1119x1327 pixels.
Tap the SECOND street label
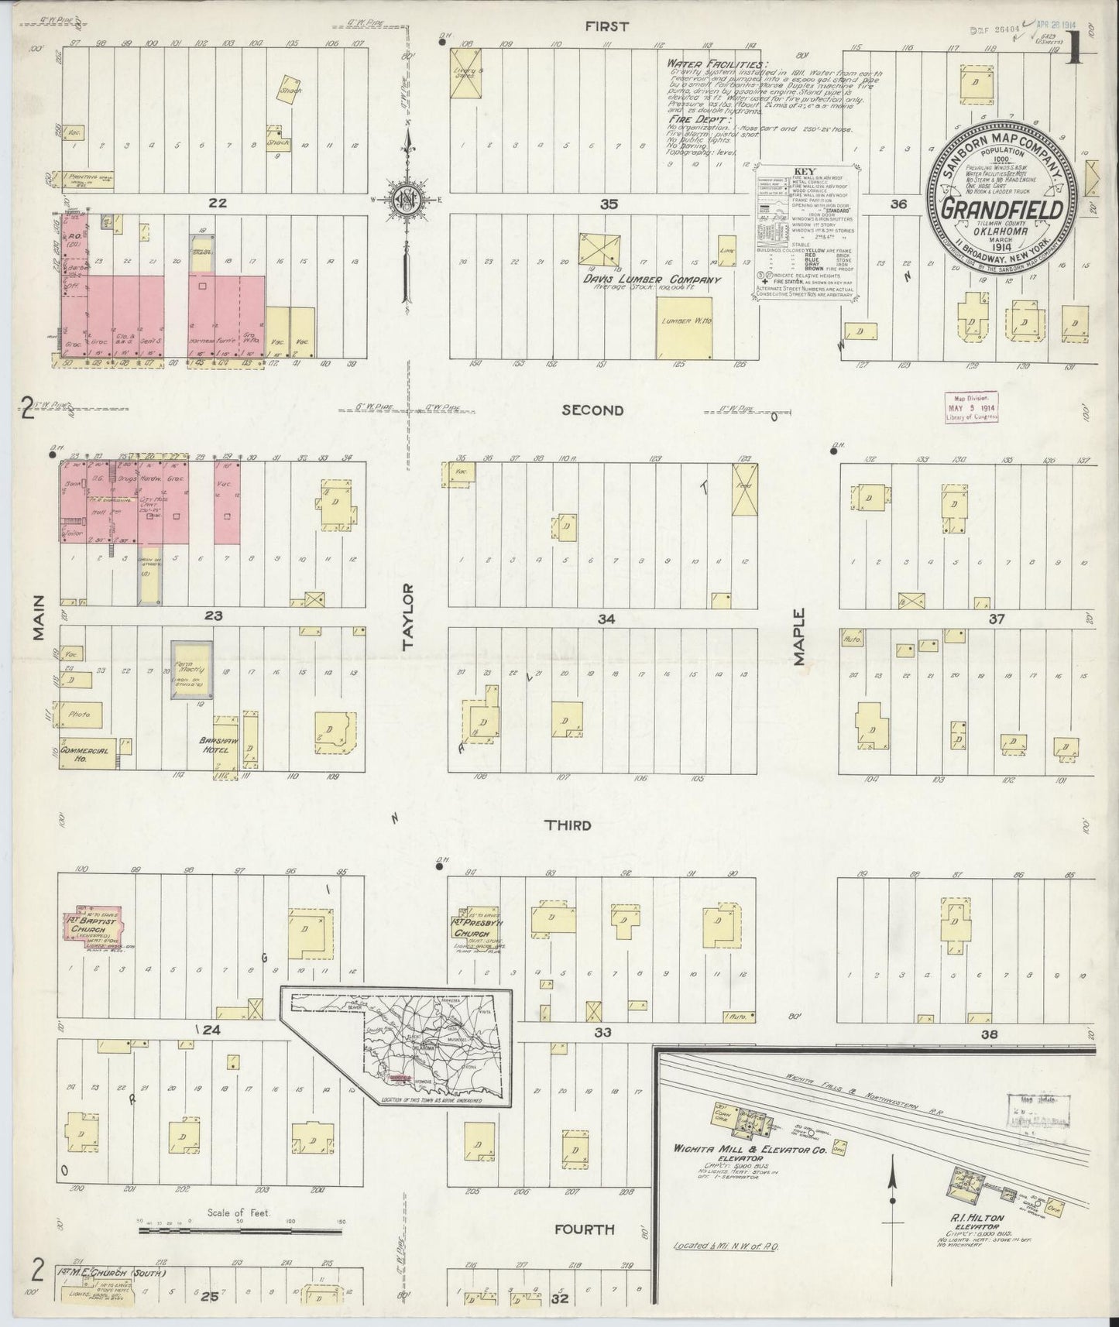pos(592,410)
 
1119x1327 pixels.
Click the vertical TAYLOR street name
pos(409,615)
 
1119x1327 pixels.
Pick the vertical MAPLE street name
pos(798,637)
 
